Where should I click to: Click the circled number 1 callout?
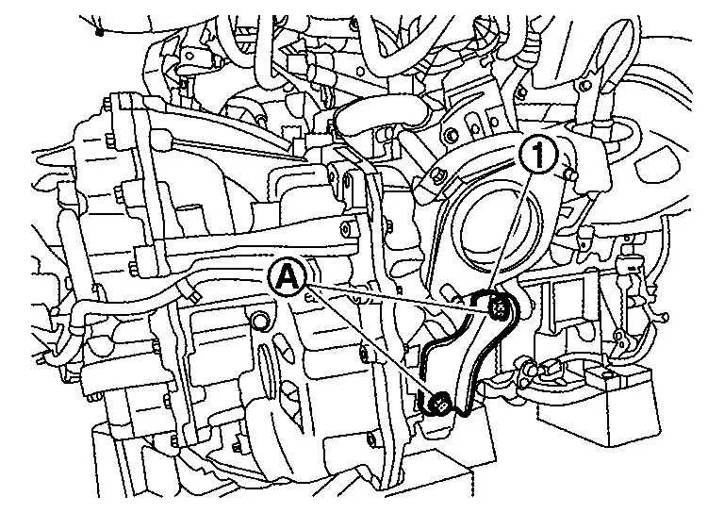tap(538, 156)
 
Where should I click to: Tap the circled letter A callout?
tap(288, 276)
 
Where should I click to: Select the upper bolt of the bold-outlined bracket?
tap(498, 307)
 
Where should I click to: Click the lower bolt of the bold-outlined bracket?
tap(440, 404)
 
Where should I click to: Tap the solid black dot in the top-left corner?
tap(99, 32)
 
